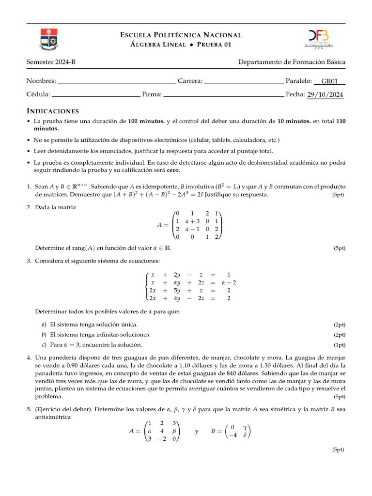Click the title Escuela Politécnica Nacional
click(181, 35)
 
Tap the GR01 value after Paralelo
click(329, 81)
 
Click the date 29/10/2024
click(325, 94)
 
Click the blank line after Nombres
click(117, 81)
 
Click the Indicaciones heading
click(52, 111)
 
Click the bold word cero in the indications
click(172, 170)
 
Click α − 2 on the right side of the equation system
click(229, 282)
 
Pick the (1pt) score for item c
click(340, 345)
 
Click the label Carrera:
click(190, 81)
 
